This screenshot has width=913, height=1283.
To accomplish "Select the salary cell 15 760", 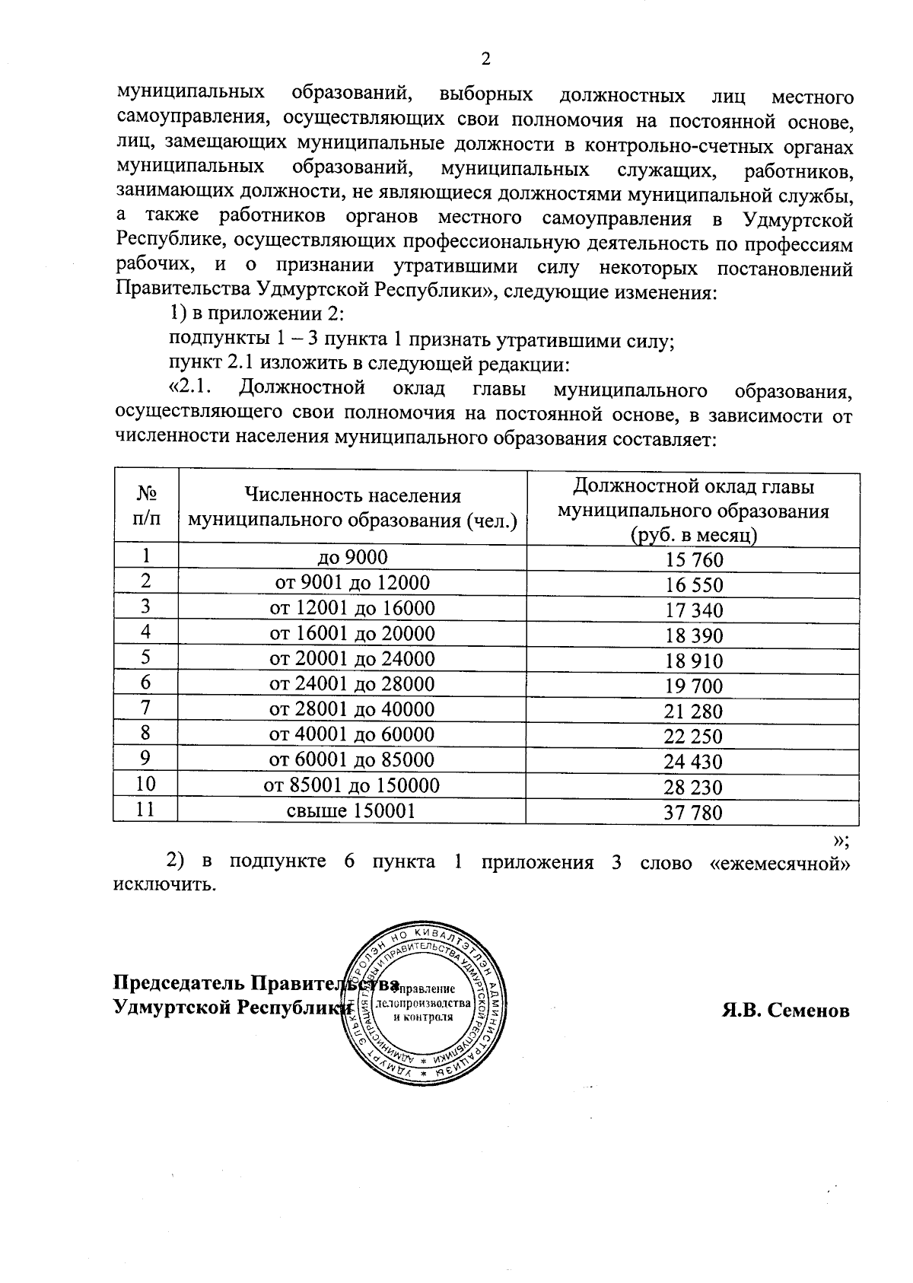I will click(693, 561).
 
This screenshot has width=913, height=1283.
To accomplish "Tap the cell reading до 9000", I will click(352, 558).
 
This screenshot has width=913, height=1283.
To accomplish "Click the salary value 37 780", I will click(693, 813).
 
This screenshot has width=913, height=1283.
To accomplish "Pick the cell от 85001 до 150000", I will click(352, 785).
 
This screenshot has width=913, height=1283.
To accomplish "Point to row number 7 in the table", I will click(145, 709).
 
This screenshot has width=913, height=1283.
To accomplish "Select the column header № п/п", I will click(146, 507).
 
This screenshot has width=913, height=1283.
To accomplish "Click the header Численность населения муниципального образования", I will click(352, 508).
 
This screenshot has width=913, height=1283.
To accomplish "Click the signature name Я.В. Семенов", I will click(784, 1010).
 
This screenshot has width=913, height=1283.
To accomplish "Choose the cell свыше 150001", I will click(352, 810).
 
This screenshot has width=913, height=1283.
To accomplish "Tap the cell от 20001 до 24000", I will click(352, 659).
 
